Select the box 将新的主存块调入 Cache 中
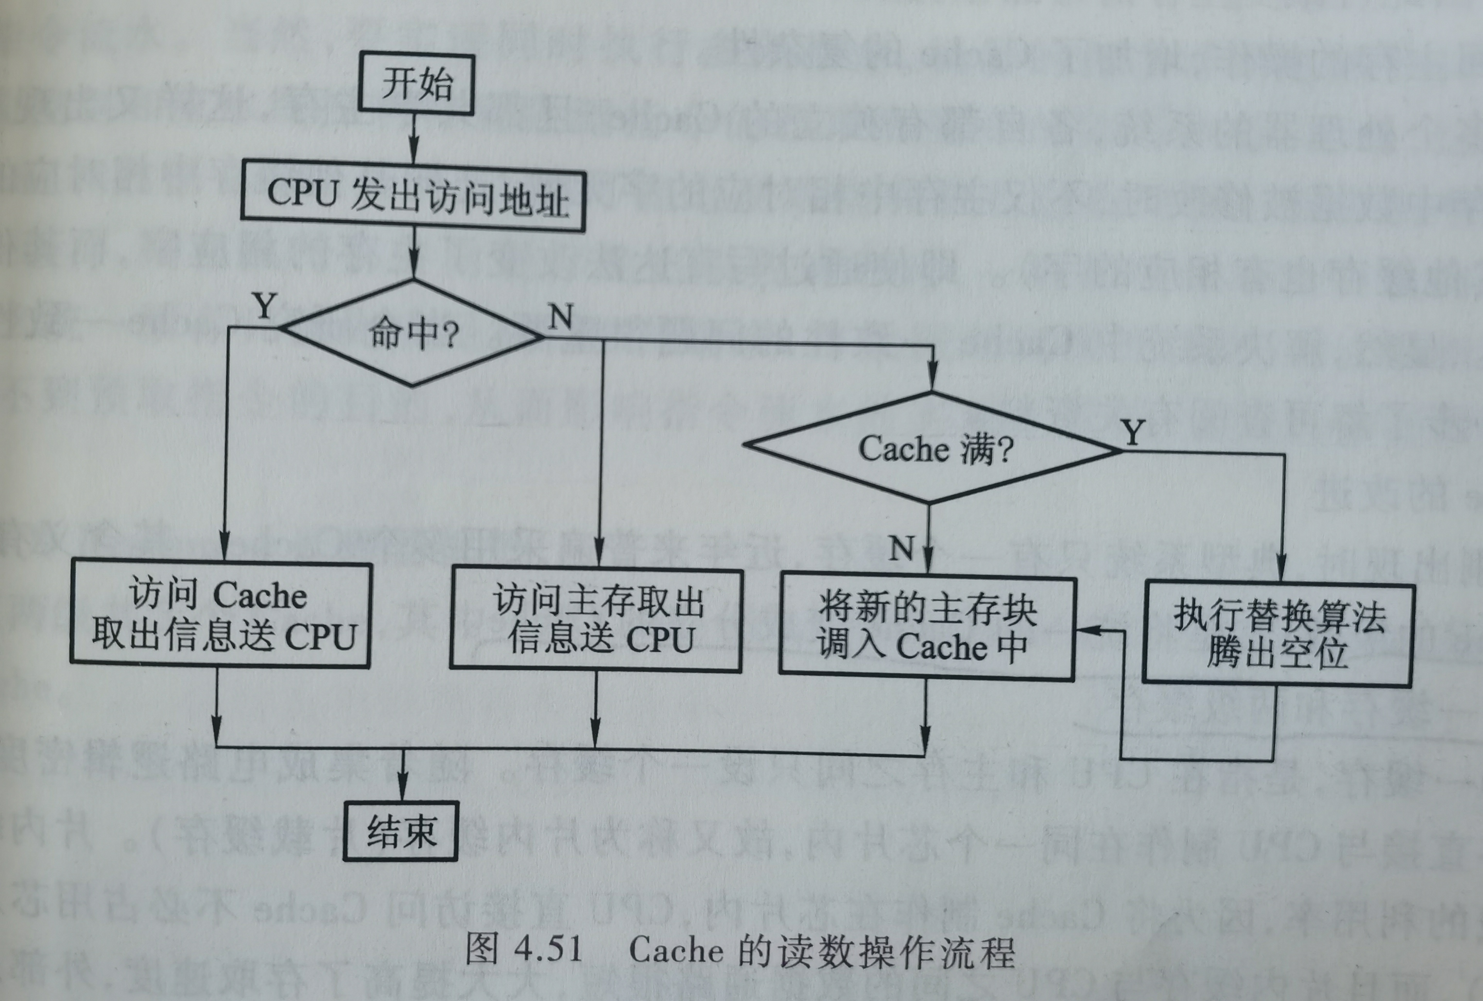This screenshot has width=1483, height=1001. pos(926,628)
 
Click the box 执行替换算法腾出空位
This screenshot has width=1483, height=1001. pos(1278,633)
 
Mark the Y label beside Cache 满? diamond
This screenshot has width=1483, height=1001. pos(1133,433)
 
